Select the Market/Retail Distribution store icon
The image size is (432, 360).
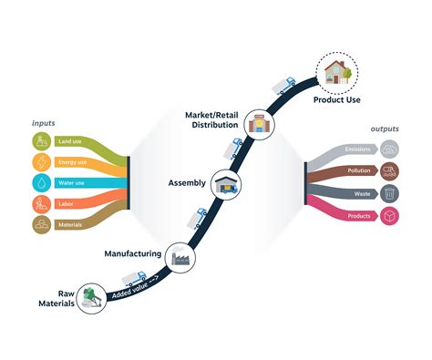click(260, 126)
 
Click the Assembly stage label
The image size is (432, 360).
click(187, 182)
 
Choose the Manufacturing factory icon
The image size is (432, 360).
click(179, 258)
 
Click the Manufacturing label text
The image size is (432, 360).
click(132, 253)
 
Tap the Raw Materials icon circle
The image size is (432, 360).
click(92, 299)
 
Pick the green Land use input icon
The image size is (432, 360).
click(42, 141)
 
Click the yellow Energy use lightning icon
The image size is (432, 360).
click(42, 162)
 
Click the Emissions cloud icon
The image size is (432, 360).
click(389, 149)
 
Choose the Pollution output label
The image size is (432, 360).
click(358, 170)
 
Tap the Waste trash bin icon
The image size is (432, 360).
click(389, 192)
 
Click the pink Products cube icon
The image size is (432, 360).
click(389, 215)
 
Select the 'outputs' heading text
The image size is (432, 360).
click(386, 129)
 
